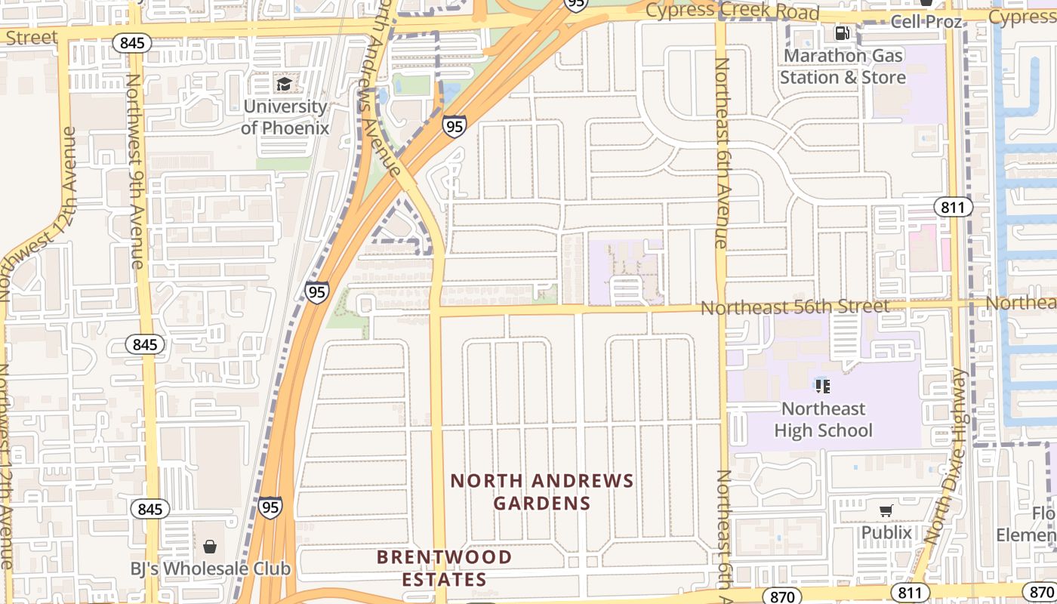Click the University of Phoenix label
pyautogui.click(x=285, y=117)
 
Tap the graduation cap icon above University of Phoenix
pyautogui.click(x=284, y=84)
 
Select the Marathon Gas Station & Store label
pyautogui.click(x=843, y=66)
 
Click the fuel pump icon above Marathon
pyautogui.click(x=842, y=33)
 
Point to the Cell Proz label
pyautogui.click(x=926, y=21)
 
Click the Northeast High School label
pyautogui.click(x=823, y=419)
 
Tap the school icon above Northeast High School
pyautogui.click(x=823, y=387)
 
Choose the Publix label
pyautogui.click(x=886, y=532)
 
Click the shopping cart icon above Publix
pyautogui.click(x=886, y=511)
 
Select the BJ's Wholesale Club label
pyautogui.click(x=210, y=569)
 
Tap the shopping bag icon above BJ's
pyautogui.click(x=209, y=546)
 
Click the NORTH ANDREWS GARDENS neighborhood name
pyautogui.click(x=542, y=492)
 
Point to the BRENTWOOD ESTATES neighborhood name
pyautogui.click(x=444, y=568)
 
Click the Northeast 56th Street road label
pyautogui.click(x=794, y=307)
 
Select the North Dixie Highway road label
pyautogui.click(x=944, y=457)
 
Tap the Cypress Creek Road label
pyautogui.click(x=732, y=11)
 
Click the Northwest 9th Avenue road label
pyautogui.click(x=134, y=171)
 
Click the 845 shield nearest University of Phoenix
pyautogui.click(x=132, y=43)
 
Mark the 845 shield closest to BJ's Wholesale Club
pyautogui.click(x=150, y=509)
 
